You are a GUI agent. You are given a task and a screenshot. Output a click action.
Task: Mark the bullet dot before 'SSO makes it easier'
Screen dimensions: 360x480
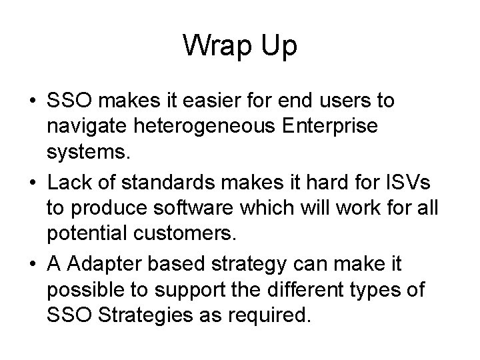point(33,102)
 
